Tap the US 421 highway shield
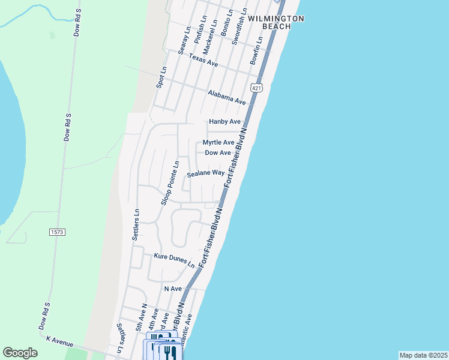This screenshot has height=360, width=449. pyautogui.click(x=257, y=88)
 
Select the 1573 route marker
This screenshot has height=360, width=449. pyautogui.click(x=57, y=232)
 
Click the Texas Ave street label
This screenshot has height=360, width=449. pyautogui.click(x=203, y=59)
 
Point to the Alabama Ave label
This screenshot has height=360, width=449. pyautogui.click(x=227, y=97)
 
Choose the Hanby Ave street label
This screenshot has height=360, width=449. pyautogui.click(x=224, y=122)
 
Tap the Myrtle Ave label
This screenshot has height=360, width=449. pyautogui.click(x=218, y=142)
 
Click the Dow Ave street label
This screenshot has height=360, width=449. pyautogui.click(x=218, y=153)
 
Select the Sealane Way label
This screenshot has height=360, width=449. pyautogui.click(x=205, y=173)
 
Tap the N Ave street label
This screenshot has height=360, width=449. pyautogui.click(x=173, y=289)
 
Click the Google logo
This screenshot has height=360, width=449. pyautogui.click(x=20, y=353)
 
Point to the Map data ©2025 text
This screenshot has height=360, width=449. pyautogui.click(x=423, y=355)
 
